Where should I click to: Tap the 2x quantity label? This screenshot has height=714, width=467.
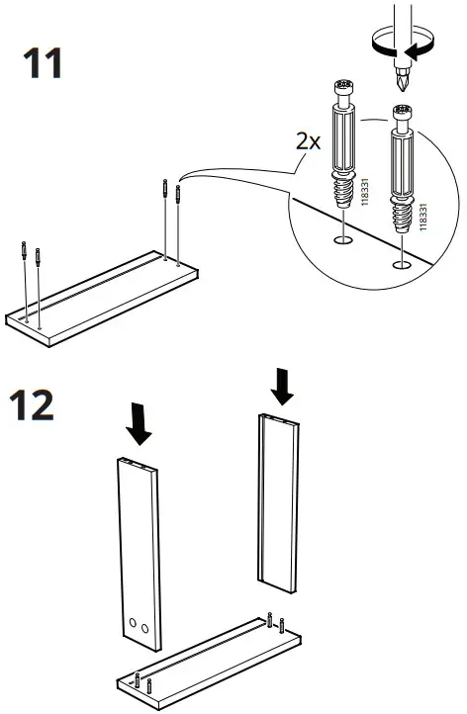(x=308, y=141)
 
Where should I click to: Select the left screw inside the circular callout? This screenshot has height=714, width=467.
(x=341, y=158)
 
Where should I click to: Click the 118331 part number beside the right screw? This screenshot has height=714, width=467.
(x=423, y=218)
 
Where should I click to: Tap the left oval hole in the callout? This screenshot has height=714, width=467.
(x=340, y=240)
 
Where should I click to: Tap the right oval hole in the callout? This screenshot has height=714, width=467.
(x=400, y=264)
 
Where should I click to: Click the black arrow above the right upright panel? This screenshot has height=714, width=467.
(x=283, y=385)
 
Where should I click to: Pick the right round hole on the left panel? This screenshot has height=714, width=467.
(x=146, y=628)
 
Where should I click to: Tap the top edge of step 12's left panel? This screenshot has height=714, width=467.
(x=135, y=466)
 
